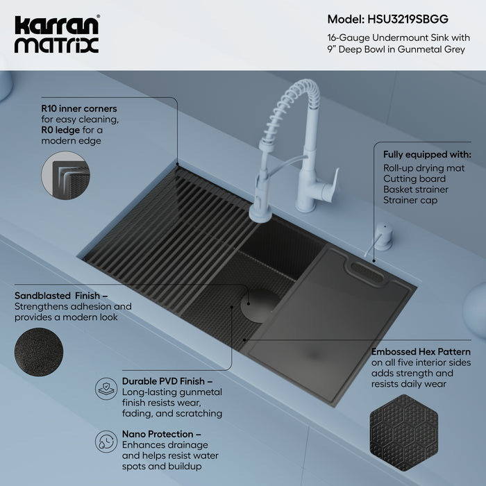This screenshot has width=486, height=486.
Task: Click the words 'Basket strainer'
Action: coord(415,189)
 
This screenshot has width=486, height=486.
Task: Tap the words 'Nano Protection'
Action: coord(156,434)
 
